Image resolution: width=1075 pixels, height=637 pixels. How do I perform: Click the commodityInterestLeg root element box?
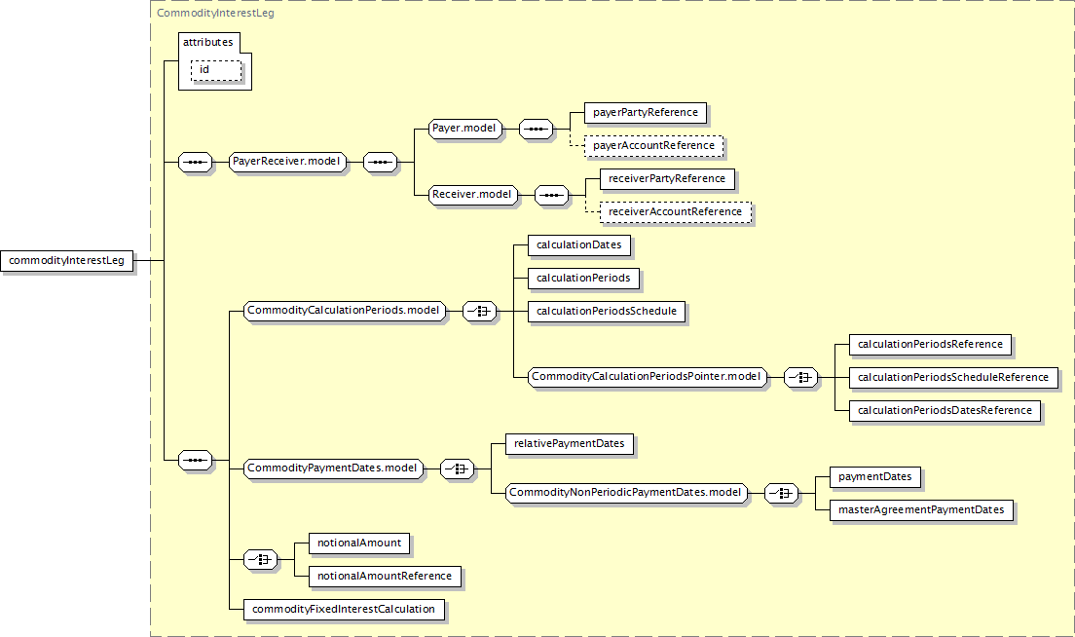[66, 261]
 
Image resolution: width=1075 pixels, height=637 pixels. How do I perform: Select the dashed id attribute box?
[216, 71]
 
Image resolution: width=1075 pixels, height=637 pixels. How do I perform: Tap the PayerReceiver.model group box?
[287, 162]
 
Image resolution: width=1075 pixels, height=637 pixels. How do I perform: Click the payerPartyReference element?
[646, 112]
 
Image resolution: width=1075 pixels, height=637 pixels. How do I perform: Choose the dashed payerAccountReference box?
[654, 146]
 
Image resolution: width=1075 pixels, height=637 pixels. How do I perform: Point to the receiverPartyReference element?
[667, 179]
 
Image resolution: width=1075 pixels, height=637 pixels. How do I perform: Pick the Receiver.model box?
[472, 195]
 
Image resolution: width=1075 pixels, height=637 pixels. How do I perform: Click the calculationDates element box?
[579, 244]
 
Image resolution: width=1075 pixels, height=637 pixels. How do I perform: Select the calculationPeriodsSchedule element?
[606, 312]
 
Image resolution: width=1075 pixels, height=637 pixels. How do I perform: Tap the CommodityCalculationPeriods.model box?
[344, 311]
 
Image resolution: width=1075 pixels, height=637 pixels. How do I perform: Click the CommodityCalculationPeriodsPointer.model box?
[648, 376]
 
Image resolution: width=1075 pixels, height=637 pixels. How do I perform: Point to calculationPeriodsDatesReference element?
[945, 411]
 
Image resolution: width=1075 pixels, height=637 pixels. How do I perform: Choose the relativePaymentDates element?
[569, 443]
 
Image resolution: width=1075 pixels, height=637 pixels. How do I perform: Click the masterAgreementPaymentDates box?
[921, 510]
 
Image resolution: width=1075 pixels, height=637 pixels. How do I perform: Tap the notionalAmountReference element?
[385, 577]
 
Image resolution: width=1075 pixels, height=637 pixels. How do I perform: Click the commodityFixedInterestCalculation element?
[344, 610]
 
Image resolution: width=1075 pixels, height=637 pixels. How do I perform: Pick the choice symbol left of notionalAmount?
[261, 560]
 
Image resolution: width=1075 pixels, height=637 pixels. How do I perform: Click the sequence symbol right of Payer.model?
[537, 129]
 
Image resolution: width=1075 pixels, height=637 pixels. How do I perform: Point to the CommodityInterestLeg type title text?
[215, 13]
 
